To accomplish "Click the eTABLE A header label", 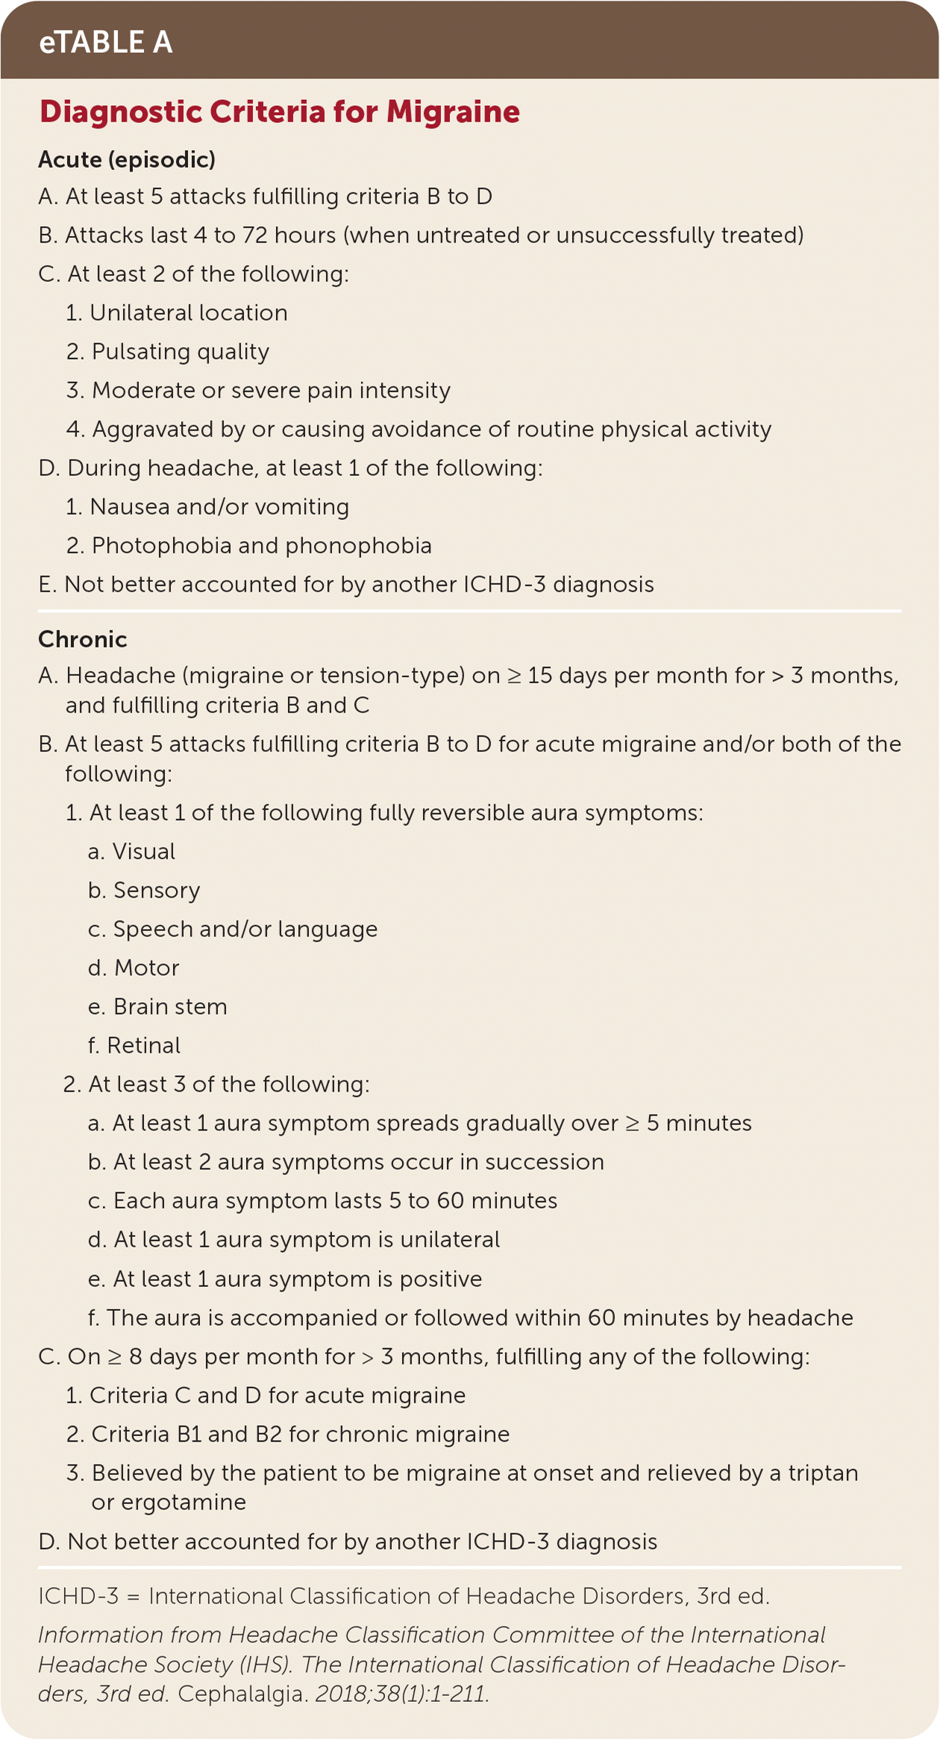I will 106,43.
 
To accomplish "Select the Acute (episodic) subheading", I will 127,160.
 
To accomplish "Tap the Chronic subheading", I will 83,639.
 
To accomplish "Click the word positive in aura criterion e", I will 440,1279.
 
